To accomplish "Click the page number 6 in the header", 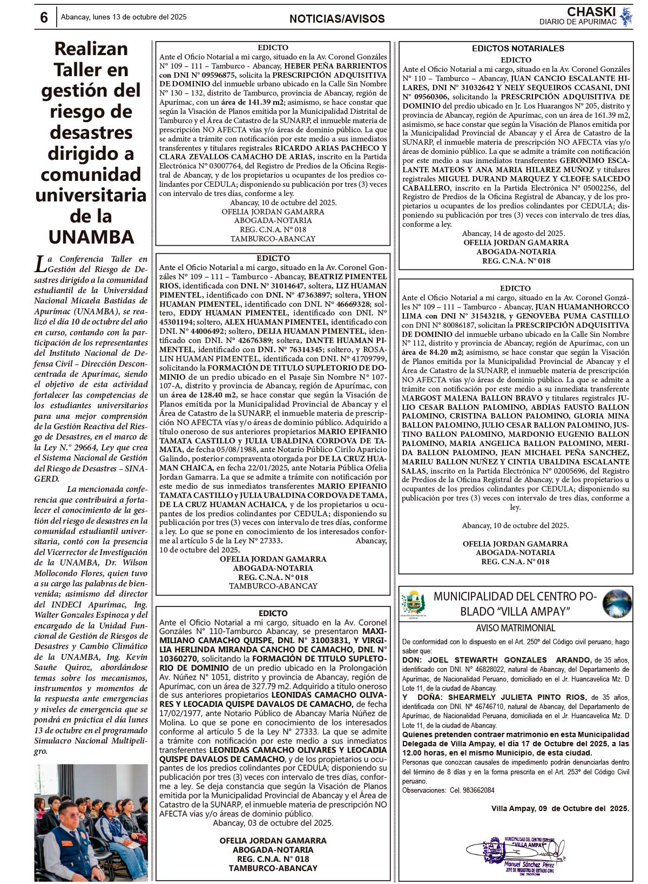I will pyautogui.click(x=44, y=17).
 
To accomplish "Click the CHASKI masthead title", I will pyautogui.click(x=591, y=12).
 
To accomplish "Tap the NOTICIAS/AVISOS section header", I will pyautogui.click(x=337, y=19).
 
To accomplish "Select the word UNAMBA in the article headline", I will pyautogui.click(x=91, y=237).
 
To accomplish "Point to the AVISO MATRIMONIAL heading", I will pyautogui.click(x=515, y=628).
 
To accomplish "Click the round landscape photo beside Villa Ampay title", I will pyautogui.click(x=617, y=604).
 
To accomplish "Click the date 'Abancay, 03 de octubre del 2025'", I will pyautogui.click(x=273, y=823).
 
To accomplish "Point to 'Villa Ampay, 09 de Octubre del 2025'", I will pyautogui.click(x=560, y=808).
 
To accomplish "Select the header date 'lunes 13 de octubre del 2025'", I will pyautogui.click(x=139, y=17).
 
